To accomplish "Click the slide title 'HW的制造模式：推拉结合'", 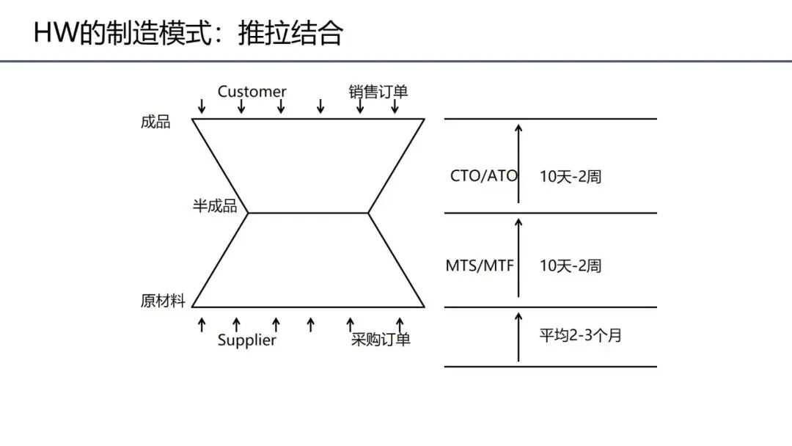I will coord(188,34).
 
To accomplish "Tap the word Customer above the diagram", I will coord(252,92).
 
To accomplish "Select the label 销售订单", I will coord(378,92).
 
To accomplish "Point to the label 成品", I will coord(155,122).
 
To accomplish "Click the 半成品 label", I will coord(215,206).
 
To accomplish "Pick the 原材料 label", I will coord(163,301).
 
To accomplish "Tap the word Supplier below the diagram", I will coord(247,340).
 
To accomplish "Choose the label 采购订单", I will coord(380,340).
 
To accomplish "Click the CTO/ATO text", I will coord(483,176).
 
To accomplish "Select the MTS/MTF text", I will coord(480,266).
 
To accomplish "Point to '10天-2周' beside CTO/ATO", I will coord(571,177).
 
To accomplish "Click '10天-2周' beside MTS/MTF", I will coord(571,266).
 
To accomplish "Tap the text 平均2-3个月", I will coord(581,336).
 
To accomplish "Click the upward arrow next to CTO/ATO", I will coord(518,163).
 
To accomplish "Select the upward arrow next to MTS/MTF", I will coord(518,257).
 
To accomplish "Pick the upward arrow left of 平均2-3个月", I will coord(518,337).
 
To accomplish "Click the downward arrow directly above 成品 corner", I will coord(202,107).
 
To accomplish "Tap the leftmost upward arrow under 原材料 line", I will coord(202,325).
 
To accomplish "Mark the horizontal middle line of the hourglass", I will coord(308,213).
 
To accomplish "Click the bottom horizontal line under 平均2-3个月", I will coord(550,367).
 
